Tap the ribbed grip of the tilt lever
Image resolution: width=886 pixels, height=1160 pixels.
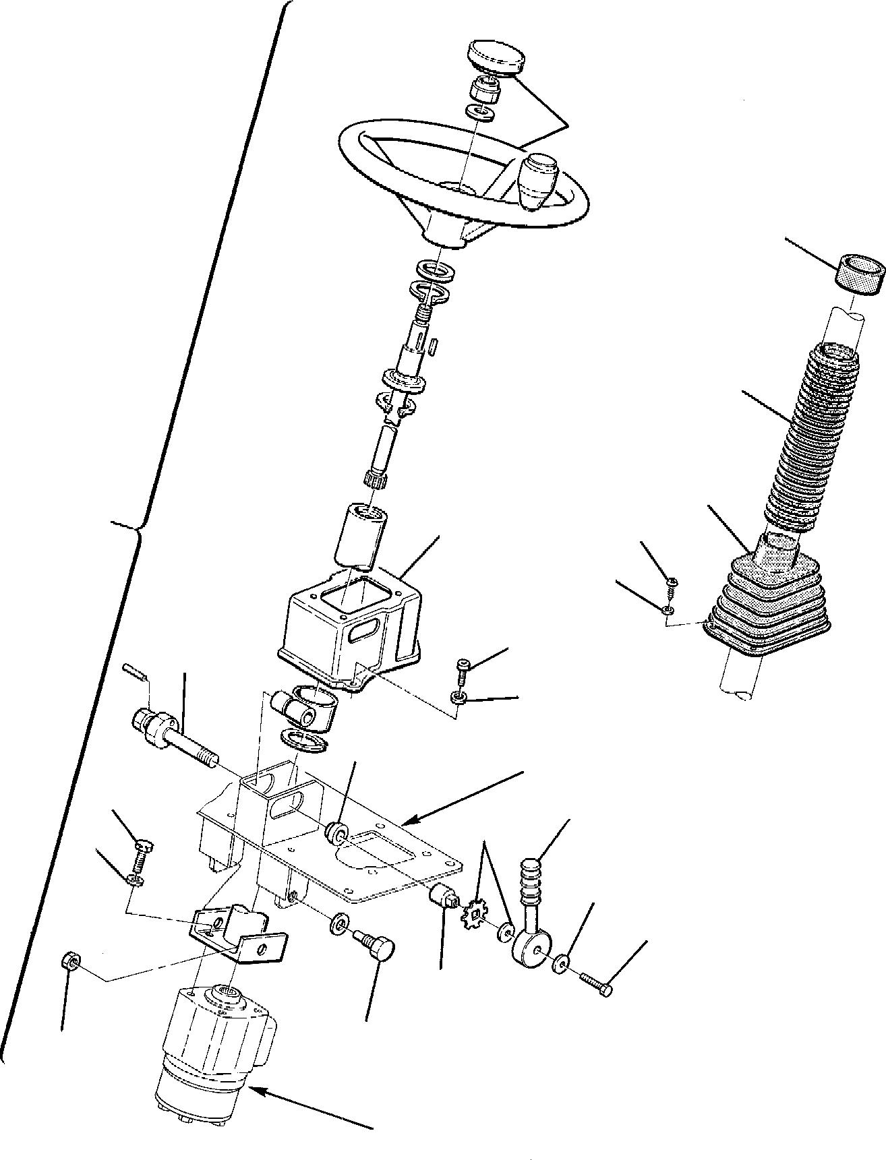pos(532,882)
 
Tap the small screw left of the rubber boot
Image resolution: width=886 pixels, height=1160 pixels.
pos(672,583)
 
